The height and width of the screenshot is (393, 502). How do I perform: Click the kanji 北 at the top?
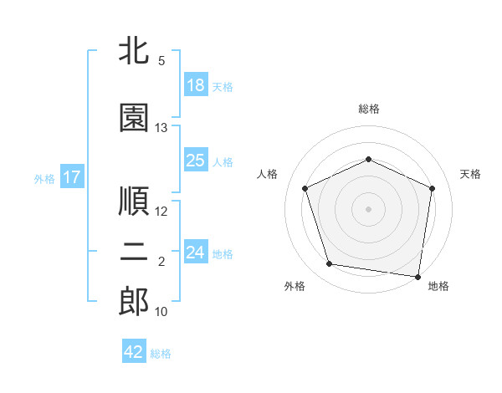click(x=134, y=50)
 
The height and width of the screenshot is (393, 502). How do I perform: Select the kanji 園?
click(x=134, y=117)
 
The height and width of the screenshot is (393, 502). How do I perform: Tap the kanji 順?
click(x=134, y=201)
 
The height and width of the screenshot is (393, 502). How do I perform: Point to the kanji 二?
click(x=134, y=251)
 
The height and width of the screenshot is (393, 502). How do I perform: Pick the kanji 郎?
click(x=134, y=301)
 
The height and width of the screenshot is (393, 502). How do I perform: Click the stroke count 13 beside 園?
click(x=161, y=128)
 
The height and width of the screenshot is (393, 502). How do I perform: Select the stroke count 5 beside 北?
click(x=161, y=61)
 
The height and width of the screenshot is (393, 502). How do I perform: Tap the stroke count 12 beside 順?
click(x=161, y=212)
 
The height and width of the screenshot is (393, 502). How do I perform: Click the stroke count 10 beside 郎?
click(x=161, y=312)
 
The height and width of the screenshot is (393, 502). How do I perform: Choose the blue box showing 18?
click(x=196, y=84)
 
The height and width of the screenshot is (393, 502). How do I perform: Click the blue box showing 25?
click(x=196, y=160)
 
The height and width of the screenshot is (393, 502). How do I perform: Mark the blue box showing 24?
click(x=196, y=251)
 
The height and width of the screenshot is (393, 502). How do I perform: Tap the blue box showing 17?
click(x=72, y=176)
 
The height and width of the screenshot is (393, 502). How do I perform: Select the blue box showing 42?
click(x=134, y=350)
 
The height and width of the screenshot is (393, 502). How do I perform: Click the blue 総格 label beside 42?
click(x=161, y=354)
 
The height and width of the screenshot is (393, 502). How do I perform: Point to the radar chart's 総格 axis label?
click(x=369, y=109)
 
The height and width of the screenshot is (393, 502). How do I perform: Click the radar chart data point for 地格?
click(x=417, y=277)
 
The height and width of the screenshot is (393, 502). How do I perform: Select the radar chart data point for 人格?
click(x=305, y=188)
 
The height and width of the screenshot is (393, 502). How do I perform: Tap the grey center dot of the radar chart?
click(x=368, y=209)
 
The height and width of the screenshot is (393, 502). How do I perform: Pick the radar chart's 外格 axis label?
click(x=295, y=286)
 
